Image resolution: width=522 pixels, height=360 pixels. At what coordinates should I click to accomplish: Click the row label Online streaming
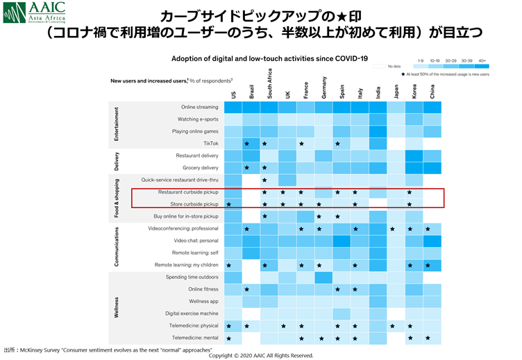[x=199, y=107]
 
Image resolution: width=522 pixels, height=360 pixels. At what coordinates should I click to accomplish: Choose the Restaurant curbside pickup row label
[x=188, y=192]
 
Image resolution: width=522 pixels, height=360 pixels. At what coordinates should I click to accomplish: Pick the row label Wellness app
[x=203, y=301]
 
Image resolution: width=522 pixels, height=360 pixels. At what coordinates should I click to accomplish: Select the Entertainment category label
[x=117, y=125]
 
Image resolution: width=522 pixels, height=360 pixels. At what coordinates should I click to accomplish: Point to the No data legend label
[x=395, y=67]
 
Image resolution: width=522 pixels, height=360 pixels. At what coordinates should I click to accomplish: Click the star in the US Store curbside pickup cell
[x=230, y=205]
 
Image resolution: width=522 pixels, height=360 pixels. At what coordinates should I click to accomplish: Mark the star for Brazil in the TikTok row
[x=247, y=144]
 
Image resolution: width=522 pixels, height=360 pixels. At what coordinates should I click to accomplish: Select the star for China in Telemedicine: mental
[x=428, y=338]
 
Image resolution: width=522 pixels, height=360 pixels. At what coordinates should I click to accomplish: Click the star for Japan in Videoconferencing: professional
[x=392, y=229]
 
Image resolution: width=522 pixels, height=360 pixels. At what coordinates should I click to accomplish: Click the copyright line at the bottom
[x=261, y=355]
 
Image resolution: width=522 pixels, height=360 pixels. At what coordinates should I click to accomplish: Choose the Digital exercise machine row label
[x=192, y=314]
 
